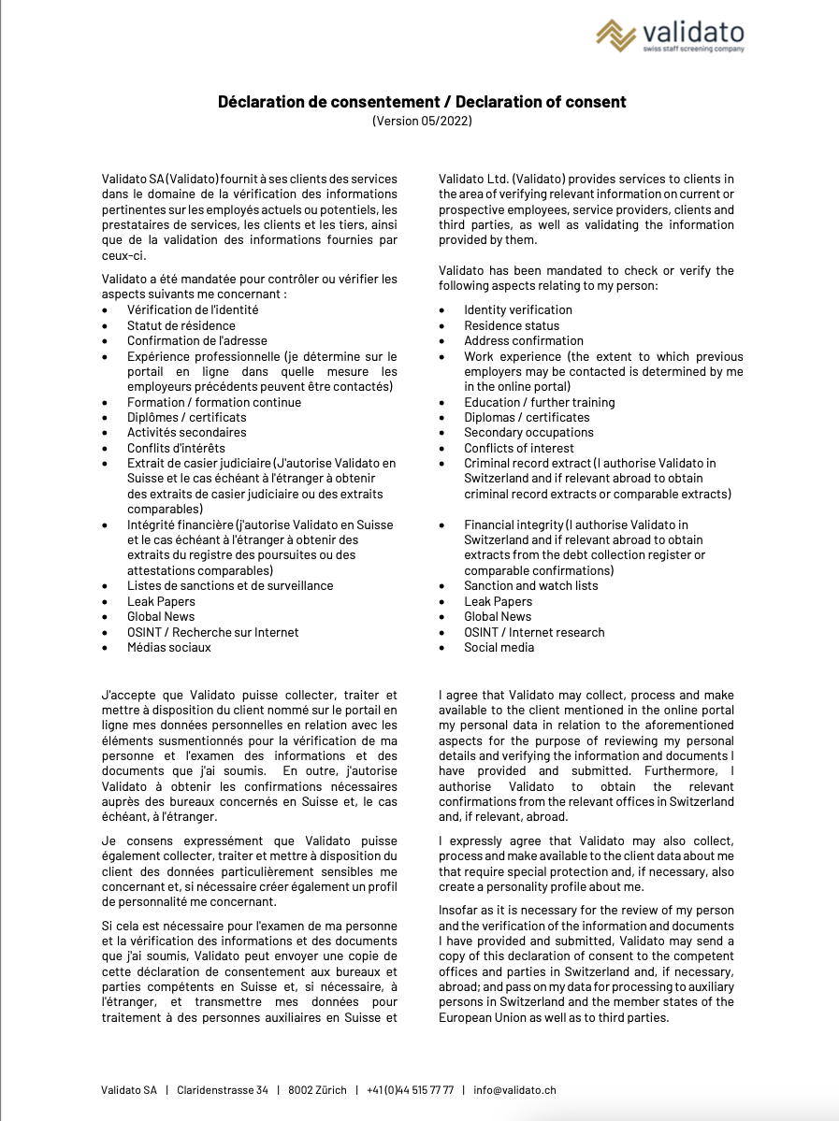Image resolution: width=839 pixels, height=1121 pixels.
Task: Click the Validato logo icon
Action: pyautogui.click(x=616, y=36)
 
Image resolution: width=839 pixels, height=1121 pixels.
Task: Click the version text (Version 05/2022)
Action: pyautogui.click(x=422, y=121)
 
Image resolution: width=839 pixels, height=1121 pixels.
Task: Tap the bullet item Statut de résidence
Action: pyautogui.click(x=181, y=325)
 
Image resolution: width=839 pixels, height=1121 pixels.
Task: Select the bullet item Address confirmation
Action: pyautogui.click(x=523, y=340)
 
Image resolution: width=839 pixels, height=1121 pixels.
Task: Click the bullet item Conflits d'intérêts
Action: pyautogui.click(x=176, y=448)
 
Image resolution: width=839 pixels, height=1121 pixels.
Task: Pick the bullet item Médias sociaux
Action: pyautogui.click(x=168, y=647)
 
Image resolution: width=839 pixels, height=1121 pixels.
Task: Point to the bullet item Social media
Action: pyautogui.click(x=499, y=647)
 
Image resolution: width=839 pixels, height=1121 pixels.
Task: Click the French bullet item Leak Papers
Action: pyautogui.click(x=161, y=601)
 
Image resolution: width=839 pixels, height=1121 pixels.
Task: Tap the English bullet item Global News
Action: pyautogui.click(x=497, y=616)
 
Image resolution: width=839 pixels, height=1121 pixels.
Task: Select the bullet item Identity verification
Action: pyautogui.click(x=517, y=309)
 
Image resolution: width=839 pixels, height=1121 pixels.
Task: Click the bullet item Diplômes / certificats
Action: pyautogui.click(x=186, y=417)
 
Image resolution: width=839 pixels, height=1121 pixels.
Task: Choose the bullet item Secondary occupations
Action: pyautogui.click(x=528, y=432)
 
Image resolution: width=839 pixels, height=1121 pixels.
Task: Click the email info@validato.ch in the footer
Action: pyautogui.click(x=514, y=1090)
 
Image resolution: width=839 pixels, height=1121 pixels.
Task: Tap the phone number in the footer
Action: pyautogui.click(x=410, y=1090)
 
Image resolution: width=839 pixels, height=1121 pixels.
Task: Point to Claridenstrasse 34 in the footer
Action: pyautogui.click(x=223, y=1090)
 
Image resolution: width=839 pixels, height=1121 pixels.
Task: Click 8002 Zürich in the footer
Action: pyautogui.click(x=317, y=1090)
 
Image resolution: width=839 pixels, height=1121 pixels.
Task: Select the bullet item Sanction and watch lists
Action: pyautogui.click(x=530, y=585)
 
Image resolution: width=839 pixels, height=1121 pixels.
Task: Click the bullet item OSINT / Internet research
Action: pyautogui.click(x=534, y=632)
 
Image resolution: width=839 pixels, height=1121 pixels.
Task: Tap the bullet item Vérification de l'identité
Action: pyautogui.click(x=193, y=309)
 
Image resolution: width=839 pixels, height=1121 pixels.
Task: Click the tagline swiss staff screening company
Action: pyautogui.click(x=692, y=49)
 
